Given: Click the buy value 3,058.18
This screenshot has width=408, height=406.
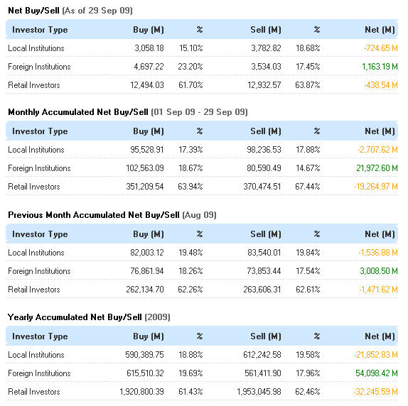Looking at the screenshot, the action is coord(149,48).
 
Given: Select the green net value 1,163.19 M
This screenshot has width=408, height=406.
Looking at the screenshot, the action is coord(380,67).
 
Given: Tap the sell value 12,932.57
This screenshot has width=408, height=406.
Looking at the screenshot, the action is coord(264,85).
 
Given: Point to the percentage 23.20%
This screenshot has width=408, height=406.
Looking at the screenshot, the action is coord(190,67).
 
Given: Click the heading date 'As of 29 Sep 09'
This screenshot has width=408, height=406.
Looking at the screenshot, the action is coord(97,11).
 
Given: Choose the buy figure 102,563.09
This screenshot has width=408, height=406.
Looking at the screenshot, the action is coord(145,168).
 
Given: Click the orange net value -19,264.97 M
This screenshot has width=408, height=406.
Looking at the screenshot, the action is coord(376,187).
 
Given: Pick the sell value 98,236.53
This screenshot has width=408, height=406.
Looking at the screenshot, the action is coord(264,150).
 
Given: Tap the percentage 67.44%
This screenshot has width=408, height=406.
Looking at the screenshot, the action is coord(308,187).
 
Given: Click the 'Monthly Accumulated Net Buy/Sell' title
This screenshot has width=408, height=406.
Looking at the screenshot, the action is coord(78,112).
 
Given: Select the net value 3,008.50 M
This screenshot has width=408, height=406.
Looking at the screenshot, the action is coord(379,271).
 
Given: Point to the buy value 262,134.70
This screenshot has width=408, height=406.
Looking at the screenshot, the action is coord(145,290).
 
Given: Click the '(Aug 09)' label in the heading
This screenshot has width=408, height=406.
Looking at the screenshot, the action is coord(200,215).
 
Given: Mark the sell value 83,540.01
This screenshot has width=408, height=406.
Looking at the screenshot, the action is coord(264,253).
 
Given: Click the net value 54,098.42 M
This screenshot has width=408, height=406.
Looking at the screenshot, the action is coord(377,373).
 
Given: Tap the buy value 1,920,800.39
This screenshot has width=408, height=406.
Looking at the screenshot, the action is coord(142,392).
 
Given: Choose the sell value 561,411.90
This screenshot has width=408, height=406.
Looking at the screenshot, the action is coord(263,373).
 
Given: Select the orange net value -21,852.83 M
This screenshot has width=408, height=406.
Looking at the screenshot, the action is coord(376,355).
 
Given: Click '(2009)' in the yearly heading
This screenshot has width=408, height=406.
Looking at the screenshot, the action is coord(157,317).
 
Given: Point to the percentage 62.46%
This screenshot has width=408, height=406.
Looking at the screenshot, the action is coord(308,392).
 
